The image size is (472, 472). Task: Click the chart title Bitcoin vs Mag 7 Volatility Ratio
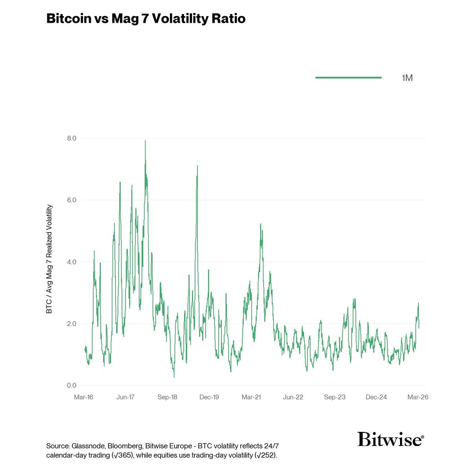click(146, 19)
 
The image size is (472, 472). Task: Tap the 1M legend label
click(407, 78)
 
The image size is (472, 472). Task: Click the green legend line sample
click(348, 78)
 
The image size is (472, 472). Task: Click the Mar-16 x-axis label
click(84, 397)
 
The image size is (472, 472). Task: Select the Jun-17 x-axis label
click(125, 397)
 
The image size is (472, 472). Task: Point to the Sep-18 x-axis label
click(167, 397)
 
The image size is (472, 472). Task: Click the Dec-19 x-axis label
click(209, 397)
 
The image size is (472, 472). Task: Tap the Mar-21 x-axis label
click(251, 397)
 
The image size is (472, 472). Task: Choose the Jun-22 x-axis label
click(293, 397)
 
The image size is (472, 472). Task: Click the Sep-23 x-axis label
click(335, 397)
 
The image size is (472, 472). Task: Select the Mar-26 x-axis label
click(418, 397)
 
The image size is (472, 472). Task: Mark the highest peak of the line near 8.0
click(145, 141)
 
